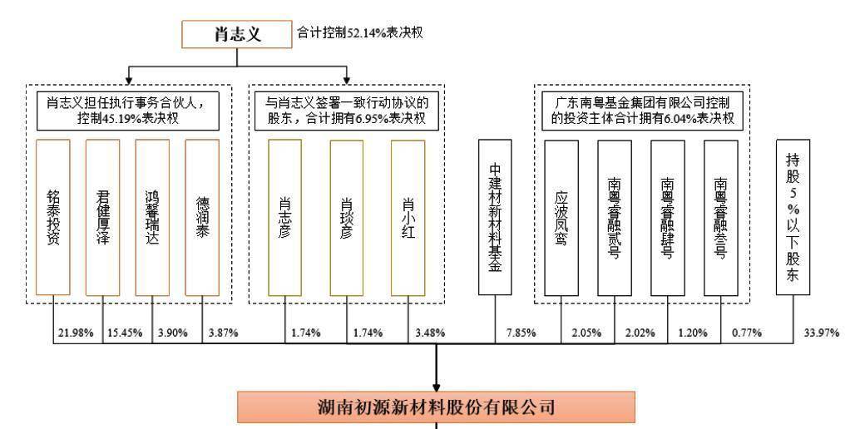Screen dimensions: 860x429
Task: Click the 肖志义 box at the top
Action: (x=237, y=35)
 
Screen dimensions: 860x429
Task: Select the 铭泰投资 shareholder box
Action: (x=53, y=217)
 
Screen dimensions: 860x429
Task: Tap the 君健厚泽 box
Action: (x=102, y=217)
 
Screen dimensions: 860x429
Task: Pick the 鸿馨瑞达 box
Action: (x=152, y=217)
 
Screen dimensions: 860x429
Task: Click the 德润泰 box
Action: (x=202, y=217)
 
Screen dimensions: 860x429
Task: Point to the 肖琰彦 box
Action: (x=347, y=218)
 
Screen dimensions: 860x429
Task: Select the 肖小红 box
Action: (x=408, y=218)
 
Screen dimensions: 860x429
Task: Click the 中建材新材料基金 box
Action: (x=495, y=217)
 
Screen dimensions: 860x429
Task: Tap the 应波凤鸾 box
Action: (x=561, y=218)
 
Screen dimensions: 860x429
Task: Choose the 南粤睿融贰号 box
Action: (x=615, y=218)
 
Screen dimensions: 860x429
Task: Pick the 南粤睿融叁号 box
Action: (x=721, y=218)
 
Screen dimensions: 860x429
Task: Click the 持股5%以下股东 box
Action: (x=793, y=217)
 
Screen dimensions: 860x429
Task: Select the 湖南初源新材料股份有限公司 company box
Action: (x=436, y=407)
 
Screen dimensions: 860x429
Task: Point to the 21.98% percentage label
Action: (x=76, y=333)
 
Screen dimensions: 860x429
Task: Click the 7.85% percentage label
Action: (x=518, y=333)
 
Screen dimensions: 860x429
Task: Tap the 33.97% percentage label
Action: (x=822, y=333)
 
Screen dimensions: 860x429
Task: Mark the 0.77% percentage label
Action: (x=746, y=333)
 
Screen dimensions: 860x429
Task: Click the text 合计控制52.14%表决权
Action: (x=360, y=33)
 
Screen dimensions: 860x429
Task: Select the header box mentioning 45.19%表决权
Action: (x=128, y=111)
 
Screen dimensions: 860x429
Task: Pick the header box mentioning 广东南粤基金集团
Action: (x=642, y=111)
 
